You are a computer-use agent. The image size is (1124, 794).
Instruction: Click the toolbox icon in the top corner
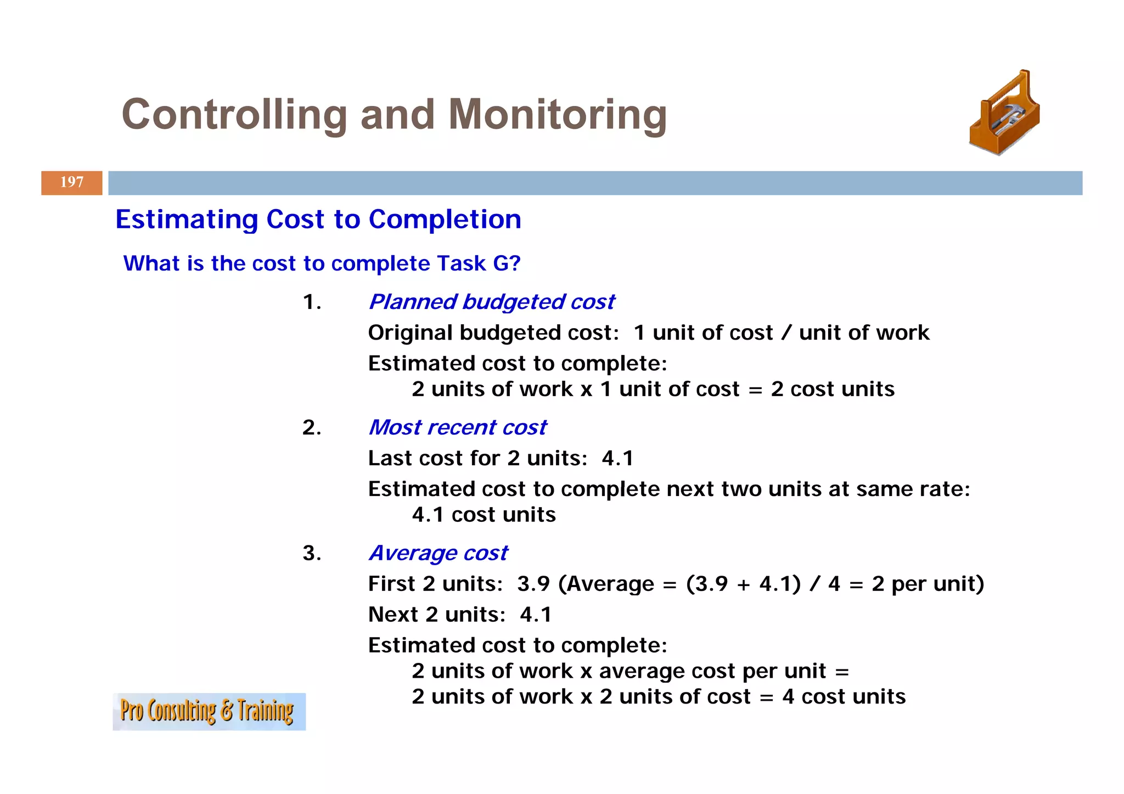1004,114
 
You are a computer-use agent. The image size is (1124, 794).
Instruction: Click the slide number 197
72,182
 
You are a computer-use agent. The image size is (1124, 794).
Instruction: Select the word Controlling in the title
234,115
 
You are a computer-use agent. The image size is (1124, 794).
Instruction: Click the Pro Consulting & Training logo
209,711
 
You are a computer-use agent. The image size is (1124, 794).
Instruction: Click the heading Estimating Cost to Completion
318,219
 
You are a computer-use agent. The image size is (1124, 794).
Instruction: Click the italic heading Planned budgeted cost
491,302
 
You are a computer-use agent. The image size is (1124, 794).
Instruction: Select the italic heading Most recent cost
457,427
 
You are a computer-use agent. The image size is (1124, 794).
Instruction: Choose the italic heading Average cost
438,553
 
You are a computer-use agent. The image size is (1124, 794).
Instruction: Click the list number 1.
312,302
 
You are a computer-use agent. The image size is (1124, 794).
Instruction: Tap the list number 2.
312,427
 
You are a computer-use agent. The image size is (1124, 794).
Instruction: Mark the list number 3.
312,553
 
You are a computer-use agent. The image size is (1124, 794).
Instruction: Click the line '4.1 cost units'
484,515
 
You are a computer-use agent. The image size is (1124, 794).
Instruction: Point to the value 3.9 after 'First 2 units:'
533,584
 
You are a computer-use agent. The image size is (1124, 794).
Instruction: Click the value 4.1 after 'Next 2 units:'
536,615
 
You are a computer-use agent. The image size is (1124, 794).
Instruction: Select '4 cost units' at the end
844,697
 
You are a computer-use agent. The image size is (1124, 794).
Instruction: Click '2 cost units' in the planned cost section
833,389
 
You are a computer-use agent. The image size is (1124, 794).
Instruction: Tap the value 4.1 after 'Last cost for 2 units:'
617,458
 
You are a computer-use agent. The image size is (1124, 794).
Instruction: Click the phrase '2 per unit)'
928,584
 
